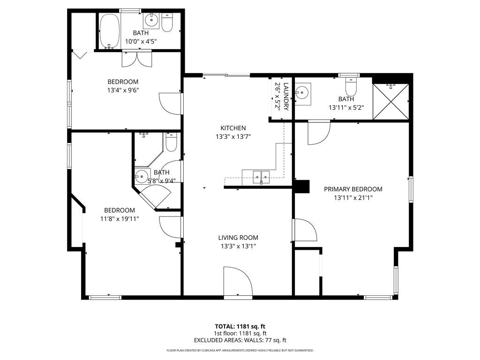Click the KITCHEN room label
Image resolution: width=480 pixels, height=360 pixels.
[x=233, y=128]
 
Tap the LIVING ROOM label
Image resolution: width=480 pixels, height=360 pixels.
[x=238, y=238]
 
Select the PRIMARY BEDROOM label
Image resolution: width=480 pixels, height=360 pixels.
[x=353, y=189]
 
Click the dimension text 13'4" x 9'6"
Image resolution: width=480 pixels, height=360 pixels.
[x=123, y=90]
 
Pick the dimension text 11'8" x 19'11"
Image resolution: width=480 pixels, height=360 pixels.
[x=120, y=218]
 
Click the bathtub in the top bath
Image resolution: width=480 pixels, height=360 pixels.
[x=110, y=31]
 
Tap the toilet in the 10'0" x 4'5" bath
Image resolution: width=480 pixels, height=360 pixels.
[x=167, y=22]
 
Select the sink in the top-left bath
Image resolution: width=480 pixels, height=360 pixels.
[x=150, y=21]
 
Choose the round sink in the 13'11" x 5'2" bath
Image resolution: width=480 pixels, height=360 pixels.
[x=303, y=91]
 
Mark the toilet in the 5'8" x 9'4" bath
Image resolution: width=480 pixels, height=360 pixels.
[x=171, y=142]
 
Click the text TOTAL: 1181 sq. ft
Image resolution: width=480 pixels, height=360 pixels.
[x=240, y=326]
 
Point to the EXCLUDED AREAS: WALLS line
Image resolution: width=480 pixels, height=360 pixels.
[x=240, y=340]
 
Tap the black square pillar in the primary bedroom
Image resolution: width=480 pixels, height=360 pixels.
[x=302, y=187]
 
